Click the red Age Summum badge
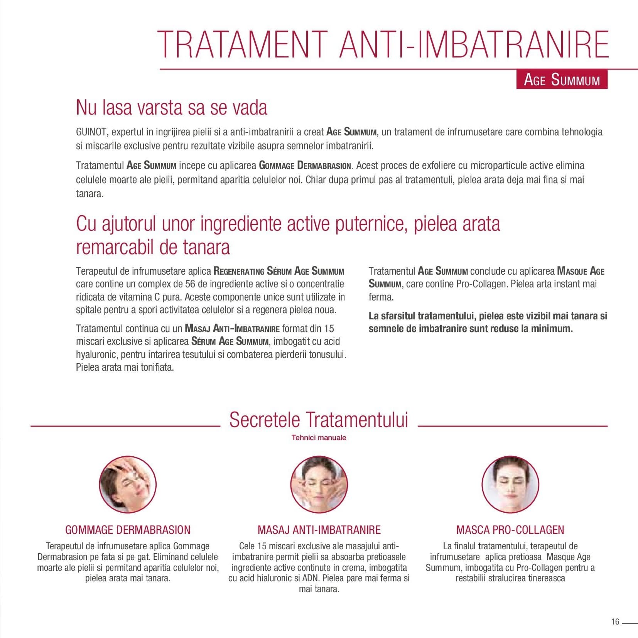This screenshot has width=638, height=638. (x=562, y=80)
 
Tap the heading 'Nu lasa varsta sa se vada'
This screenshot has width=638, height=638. (x=171, y=108)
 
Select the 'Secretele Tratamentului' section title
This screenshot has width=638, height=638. (x=319, y=420)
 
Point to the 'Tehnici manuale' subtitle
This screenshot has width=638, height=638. (x=319, y=437)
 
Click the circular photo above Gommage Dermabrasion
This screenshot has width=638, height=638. (x=128, y=484)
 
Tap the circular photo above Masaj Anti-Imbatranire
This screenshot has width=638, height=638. (x=319, y=484)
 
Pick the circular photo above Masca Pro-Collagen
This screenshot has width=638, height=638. (x=510, y=484)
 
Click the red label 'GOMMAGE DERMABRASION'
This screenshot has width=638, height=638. (x=128, y=530)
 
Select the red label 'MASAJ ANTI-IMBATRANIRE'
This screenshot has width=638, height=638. (x=319, y=530)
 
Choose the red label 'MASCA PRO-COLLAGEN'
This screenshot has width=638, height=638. (x=510, y=530)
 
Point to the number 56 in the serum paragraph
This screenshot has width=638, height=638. (x=190, y=284)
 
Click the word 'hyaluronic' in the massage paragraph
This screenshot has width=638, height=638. (x=98, y=354)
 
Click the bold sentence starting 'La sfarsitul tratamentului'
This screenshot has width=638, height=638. (x=488, y=322)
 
